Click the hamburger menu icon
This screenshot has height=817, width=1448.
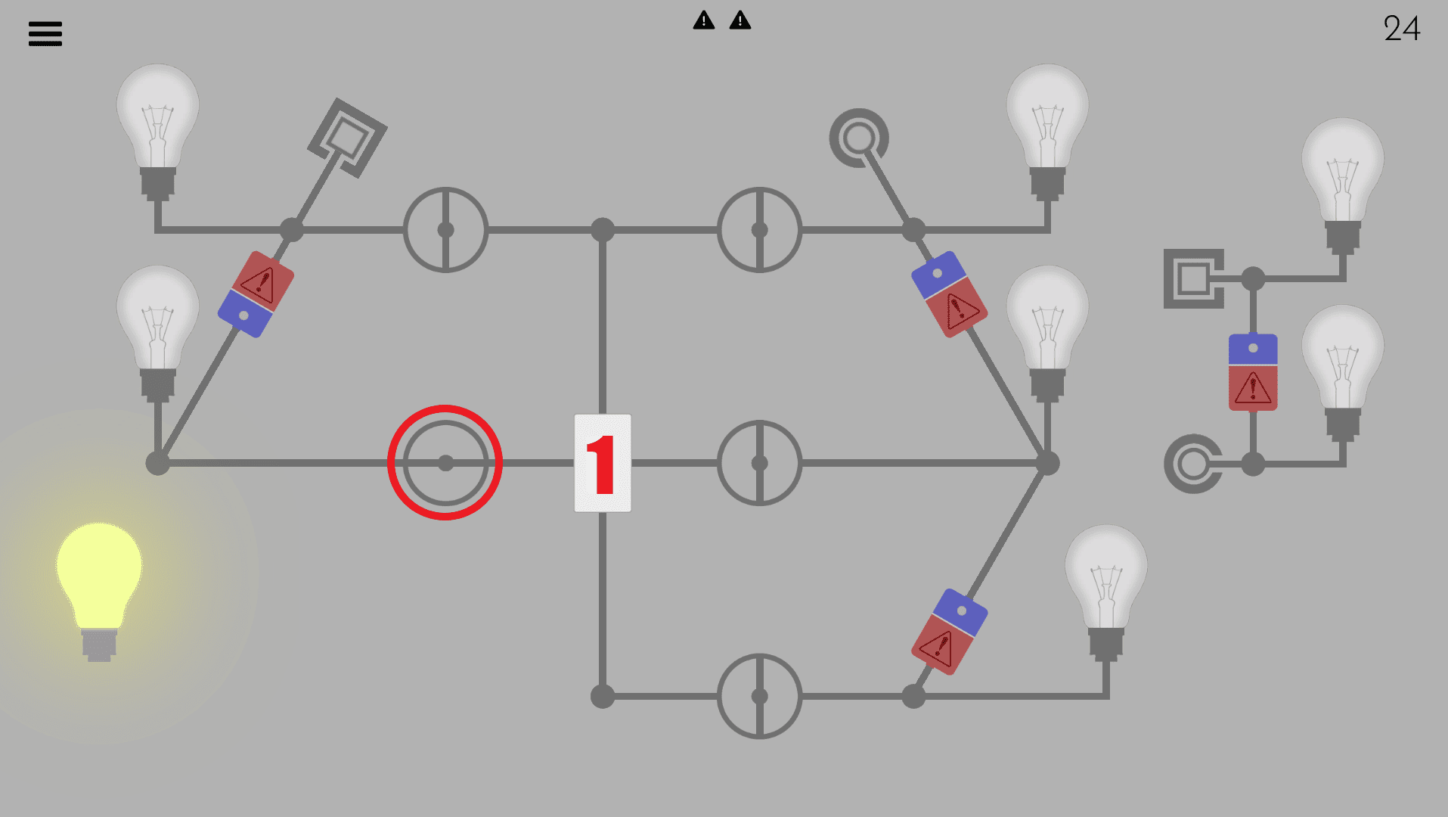[45, 33]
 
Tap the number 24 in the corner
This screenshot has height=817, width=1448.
[1402, 29]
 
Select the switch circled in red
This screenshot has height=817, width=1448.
[445, 463]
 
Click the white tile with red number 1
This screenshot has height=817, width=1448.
[603, 463]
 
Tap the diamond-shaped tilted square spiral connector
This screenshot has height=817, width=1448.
[348, 138]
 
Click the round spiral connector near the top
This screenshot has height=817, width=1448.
[859, 138]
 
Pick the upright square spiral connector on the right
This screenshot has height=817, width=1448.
[1193, 278]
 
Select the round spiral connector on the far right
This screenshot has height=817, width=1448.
[1193, 464]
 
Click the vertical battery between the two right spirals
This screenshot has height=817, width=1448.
[1253, 372]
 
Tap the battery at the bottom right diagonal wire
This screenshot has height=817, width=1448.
[950, 632]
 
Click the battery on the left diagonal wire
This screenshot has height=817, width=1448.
[256, 294]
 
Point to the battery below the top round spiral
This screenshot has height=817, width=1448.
[950, 294]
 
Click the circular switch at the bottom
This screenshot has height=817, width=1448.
[759, 696]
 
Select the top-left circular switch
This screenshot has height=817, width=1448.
[445, 230]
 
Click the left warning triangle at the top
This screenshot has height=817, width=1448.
[704, 20]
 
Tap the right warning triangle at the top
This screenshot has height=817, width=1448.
[740, 20]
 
